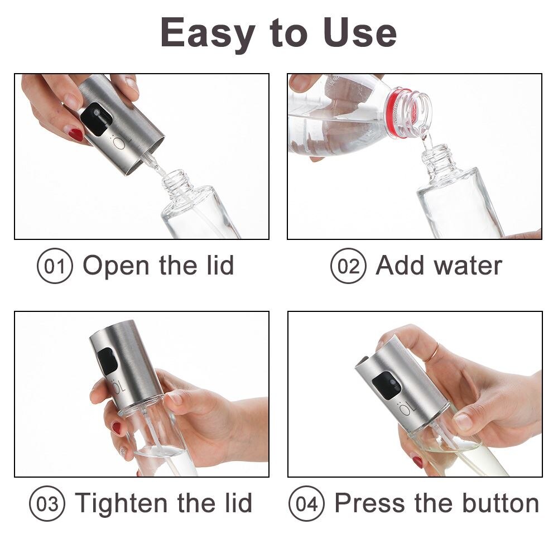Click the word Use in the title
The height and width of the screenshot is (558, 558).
pyautogui.click(x=360, y=33)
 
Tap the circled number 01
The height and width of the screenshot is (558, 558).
pyautogui.click(x=55, y=266)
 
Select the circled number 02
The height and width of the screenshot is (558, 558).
pyautogui.click(x=348, y=266)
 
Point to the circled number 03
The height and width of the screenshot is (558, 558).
pyautogui.click(x=47, y=503)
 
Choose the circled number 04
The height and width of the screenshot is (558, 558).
pyautogui.click(x=306, y=503)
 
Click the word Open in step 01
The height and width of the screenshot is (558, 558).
pyautogui.click(x=116, y=266)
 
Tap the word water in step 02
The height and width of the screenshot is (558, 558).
pyautogui.click(x=469, y=266)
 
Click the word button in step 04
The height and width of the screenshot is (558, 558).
pyautogui.click(x=501, y=503)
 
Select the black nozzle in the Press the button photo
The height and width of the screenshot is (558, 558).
pyautogui.click(x=387, y=386)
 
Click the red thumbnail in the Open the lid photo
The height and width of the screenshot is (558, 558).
pyautogui.click(x=75, y=135)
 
